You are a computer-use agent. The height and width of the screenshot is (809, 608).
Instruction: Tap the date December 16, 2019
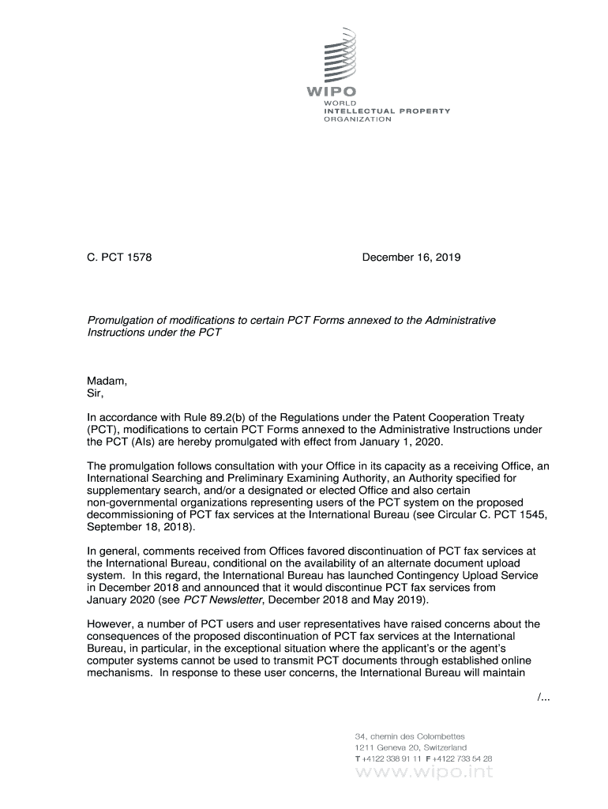(x=411, y=258)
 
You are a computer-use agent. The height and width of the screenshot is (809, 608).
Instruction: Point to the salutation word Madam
(x=106, y=382)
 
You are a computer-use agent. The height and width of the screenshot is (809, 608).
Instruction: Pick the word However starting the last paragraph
(x=111, y=624)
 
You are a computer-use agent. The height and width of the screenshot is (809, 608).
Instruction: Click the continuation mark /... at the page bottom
(x=542, y=695)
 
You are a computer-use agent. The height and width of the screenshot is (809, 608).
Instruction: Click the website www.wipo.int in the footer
(x=424, y=773)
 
